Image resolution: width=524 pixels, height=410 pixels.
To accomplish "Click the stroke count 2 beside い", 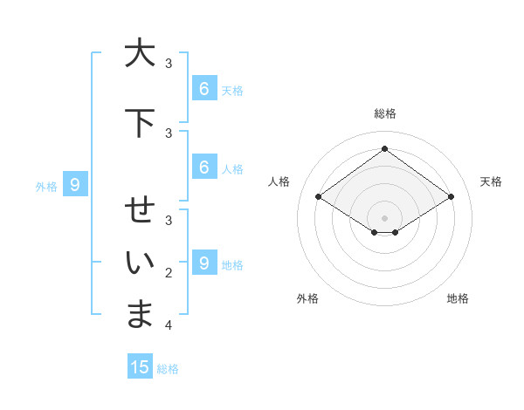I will click(169, 273).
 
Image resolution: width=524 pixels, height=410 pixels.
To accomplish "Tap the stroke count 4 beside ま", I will click(169, 325).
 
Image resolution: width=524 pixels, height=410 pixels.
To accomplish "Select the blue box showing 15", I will click(140, 367).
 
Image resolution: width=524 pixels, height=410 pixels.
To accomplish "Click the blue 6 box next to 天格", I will click(203, 88).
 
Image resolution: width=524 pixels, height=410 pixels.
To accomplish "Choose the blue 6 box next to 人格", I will click(203, 167).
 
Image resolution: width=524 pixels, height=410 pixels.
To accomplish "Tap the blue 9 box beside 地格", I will click(203, 263).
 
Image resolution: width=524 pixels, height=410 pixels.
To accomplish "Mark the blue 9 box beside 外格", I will click(75, 184).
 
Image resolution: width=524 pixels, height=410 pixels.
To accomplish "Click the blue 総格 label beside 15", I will click(168, 369).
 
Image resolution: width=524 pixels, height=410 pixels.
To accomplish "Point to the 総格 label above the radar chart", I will click(384, 113).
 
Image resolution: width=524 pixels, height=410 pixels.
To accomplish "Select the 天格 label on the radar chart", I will click(491, 181).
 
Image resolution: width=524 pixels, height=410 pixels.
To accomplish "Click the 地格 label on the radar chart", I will click(458, 298).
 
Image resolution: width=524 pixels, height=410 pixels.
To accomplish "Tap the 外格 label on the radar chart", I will click(307, 298).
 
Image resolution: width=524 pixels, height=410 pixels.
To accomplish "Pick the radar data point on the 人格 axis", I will click(319, 197).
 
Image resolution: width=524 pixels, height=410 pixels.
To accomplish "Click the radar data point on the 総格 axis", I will click(384, 148).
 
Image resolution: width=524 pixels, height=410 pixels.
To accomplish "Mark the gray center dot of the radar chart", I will click(384, 218).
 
